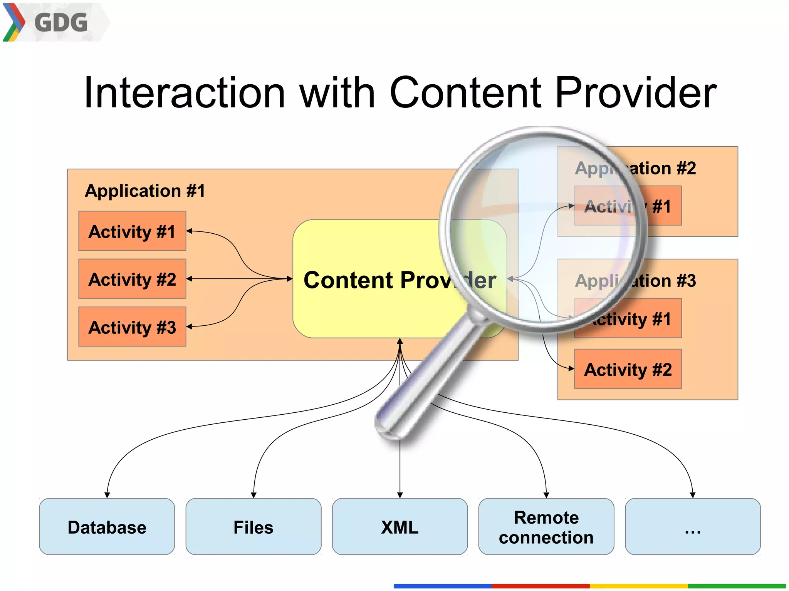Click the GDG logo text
tap(61, 22)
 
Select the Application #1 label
tap(145, 191)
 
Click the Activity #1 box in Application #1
tap(132, 231)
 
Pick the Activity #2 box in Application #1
tap(132, 279)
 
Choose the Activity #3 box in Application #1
tap(132, 327)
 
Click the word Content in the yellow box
tap(349, 280)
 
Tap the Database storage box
tap(107, 527)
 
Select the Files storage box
tap(253, 527)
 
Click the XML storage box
tap(400, 527)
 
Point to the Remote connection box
tap(546, 527)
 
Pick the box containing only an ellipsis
tap(692, 527)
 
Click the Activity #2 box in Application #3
tap(628, 369)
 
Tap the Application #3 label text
tap(636, 281)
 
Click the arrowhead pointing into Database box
tap(107, 495)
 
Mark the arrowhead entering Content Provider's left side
tap(290, 279)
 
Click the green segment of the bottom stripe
tap(736, 586)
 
